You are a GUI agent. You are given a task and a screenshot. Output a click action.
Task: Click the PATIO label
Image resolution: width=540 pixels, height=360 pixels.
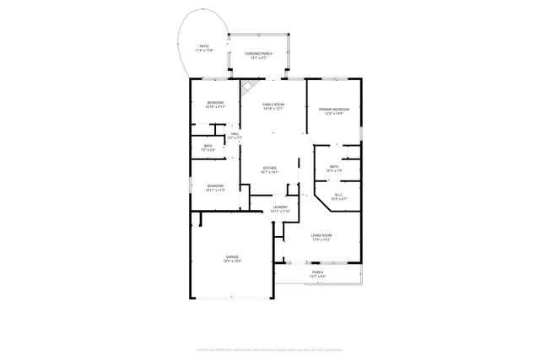(x=204, y=46)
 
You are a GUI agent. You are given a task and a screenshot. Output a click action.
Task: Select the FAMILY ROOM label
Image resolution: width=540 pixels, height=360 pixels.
(x=273, y=105)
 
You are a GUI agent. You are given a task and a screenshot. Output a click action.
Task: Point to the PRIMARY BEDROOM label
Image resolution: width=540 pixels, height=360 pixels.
(x=334, y=109)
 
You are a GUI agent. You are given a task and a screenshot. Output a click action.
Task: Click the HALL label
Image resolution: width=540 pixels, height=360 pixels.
(x=235, y=133)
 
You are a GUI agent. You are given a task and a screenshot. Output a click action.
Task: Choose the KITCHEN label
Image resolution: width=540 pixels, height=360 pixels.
(x=270, y=168)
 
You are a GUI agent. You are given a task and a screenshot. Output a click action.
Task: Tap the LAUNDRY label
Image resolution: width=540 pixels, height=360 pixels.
(x=281, y=207)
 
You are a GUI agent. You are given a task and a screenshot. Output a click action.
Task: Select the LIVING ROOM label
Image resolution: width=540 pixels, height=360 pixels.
(x=321, y=235)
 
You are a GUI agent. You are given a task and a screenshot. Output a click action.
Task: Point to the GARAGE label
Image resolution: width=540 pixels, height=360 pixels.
(x=231, y=256)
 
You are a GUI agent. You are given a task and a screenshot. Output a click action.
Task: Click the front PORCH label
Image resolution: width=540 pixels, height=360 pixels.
(x=317, y=272)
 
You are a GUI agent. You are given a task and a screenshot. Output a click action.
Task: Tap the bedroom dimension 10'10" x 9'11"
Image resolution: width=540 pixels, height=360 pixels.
(x=215, y=107)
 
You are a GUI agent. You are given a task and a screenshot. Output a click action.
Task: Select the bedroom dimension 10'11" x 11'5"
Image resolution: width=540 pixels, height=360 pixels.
(x=215, y=190)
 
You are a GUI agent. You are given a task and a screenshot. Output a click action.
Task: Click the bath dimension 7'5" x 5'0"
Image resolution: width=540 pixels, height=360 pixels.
(x=208, y=149)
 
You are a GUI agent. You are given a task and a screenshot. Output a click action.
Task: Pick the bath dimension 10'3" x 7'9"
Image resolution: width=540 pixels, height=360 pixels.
(x=334, y=170)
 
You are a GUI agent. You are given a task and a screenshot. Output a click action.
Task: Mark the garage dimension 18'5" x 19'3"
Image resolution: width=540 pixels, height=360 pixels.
(x=231, y=261)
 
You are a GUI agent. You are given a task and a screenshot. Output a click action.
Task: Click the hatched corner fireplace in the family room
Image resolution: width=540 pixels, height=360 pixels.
(x=248, y=87)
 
